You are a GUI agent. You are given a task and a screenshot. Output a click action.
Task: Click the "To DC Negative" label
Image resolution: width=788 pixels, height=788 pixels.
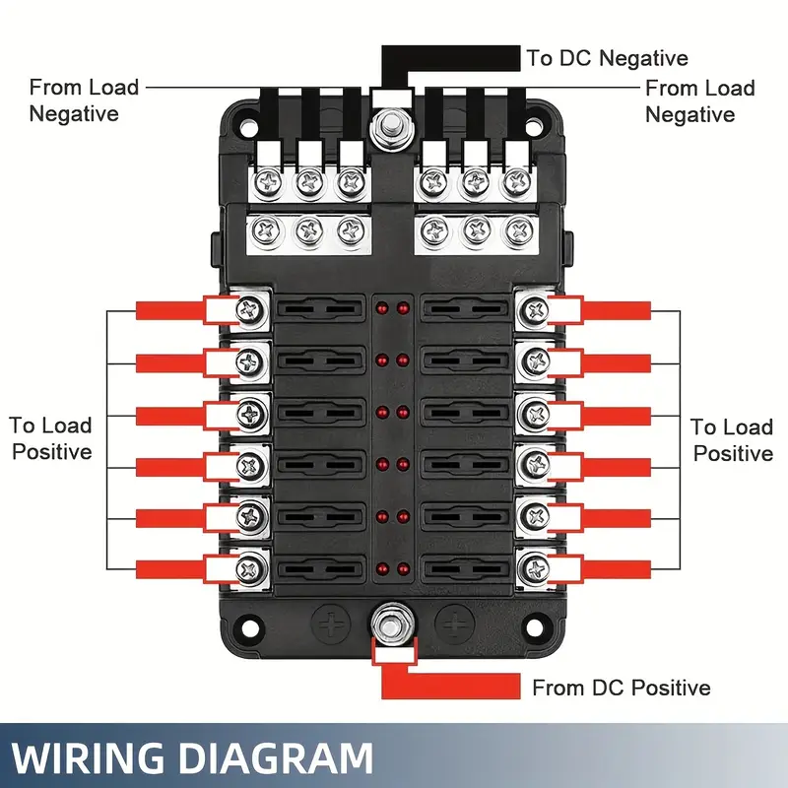point(607,58)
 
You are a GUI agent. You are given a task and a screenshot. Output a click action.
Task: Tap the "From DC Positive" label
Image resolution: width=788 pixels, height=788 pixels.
point(621,688)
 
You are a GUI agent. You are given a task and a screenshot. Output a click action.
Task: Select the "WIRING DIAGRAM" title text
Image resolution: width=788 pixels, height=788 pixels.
point(193,759)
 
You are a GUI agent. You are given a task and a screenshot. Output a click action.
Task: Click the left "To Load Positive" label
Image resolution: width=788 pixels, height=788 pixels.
point(51,438)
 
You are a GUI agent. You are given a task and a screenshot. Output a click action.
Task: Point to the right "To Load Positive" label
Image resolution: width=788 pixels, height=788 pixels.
point(731,439)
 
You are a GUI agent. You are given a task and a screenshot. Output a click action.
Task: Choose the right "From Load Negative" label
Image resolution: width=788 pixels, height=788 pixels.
point(699,101)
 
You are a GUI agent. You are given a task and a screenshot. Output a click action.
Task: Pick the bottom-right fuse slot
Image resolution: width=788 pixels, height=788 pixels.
point(463,567)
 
